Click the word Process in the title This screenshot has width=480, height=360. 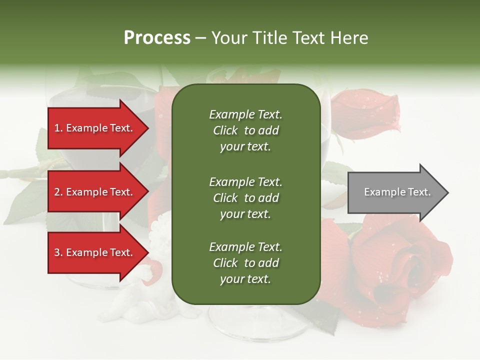click(x=157, y=38)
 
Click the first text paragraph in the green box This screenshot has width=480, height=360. click(x=245, y=130)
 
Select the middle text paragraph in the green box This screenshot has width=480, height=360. click(x=245, y=198)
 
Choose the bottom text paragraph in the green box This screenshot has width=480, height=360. click(x=245, y=263)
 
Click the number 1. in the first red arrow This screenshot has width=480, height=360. click(x=58, y=128)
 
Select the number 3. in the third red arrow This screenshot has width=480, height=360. click(x=58, y=252)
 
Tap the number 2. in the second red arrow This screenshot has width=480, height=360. click(x=58, y=192)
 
